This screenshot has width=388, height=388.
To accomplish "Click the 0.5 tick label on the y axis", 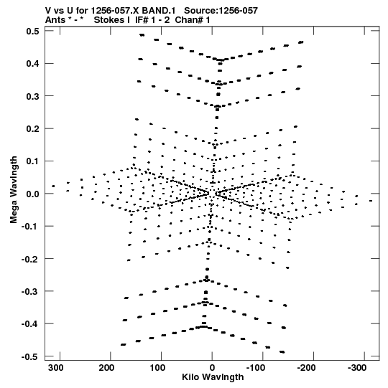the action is pos(33,31).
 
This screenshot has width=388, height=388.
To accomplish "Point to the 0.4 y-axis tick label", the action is pos(33,64).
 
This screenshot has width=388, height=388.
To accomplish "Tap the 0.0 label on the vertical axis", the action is pos(33,194).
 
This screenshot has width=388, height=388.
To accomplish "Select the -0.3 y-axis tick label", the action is pos(30,291).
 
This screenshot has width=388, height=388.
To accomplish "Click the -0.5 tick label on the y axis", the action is pos(30,356).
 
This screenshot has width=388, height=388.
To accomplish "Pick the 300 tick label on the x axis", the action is pos(56,368).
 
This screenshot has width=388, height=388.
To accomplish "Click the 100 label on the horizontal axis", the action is pos(157,368).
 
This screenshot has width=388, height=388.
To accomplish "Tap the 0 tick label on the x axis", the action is pos(212,368).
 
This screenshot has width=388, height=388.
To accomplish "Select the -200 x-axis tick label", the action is pos(305,368).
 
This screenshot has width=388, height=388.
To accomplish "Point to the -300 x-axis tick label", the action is pos(357,368).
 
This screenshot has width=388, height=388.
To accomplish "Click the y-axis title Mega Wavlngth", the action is pos(14,189).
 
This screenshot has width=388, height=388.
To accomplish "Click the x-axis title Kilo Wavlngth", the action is pos(213,377).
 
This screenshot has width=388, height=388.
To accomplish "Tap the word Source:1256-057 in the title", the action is pos(221,11).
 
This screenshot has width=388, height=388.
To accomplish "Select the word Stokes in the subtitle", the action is pos(108,20).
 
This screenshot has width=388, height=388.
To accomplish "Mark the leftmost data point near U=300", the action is pos(53,186).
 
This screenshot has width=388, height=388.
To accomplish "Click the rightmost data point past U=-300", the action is pos(371,201).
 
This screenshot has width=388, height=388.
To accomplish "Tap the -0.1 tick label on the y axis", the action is pos(30,226).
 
